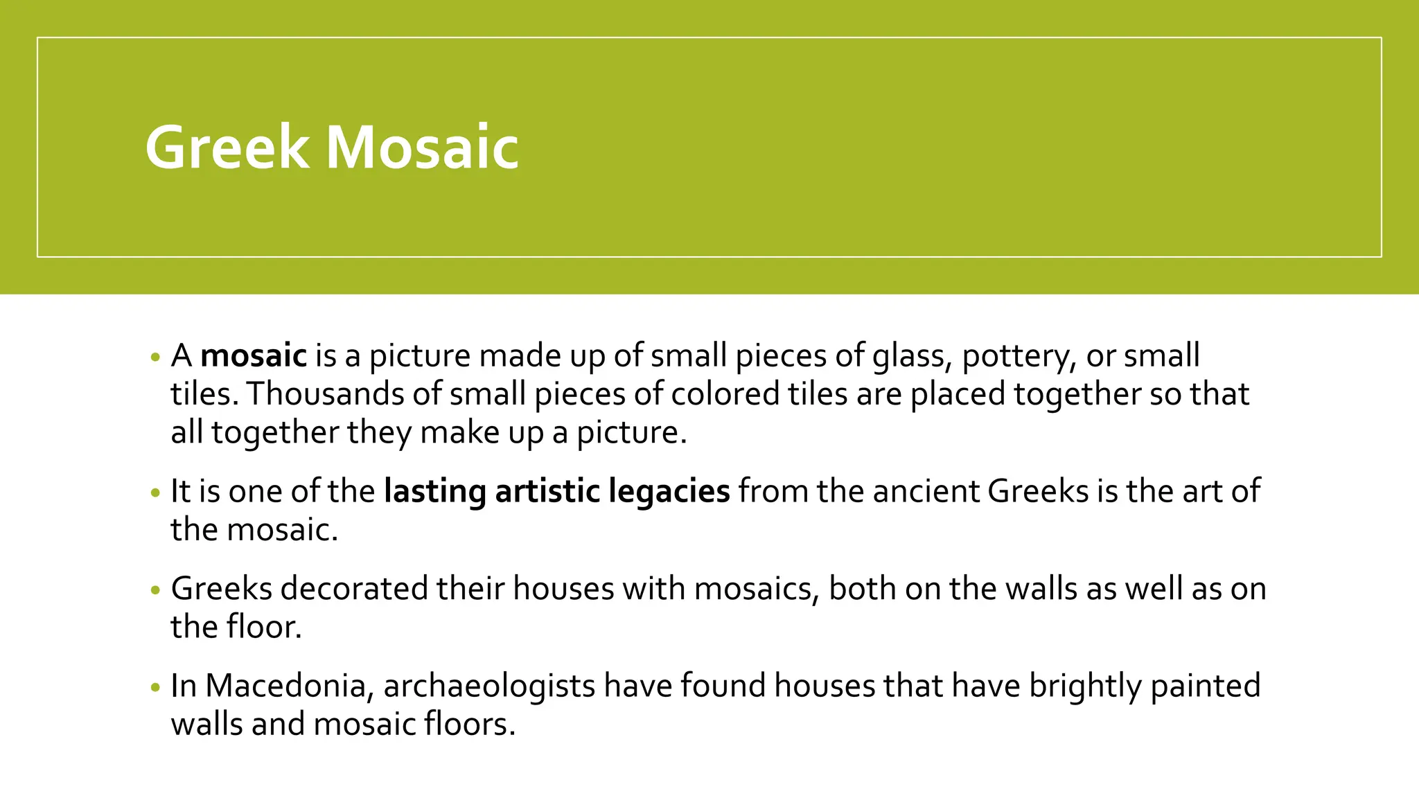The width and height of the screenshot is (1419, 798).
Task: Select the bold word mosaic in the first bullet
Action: [254, 356]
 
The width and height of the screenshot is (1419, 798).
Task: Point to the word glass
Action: [907, 356]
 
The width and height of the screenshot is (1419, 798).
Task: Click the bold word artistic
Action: [548, 490]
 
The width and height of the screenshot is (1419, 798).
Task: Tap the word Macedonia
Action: [290, 686]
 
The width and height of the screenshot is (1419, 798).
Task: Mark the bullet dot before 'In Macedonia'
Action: [155, 688]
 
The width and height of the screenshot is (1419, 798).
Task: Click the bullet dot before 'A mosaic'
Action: [155, 358]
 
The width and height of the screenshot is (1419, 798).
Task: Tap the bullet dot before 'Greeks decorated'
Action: [155, 590]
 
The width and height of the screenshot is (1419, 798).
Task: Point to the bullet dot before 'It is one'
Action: [155, 493]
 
